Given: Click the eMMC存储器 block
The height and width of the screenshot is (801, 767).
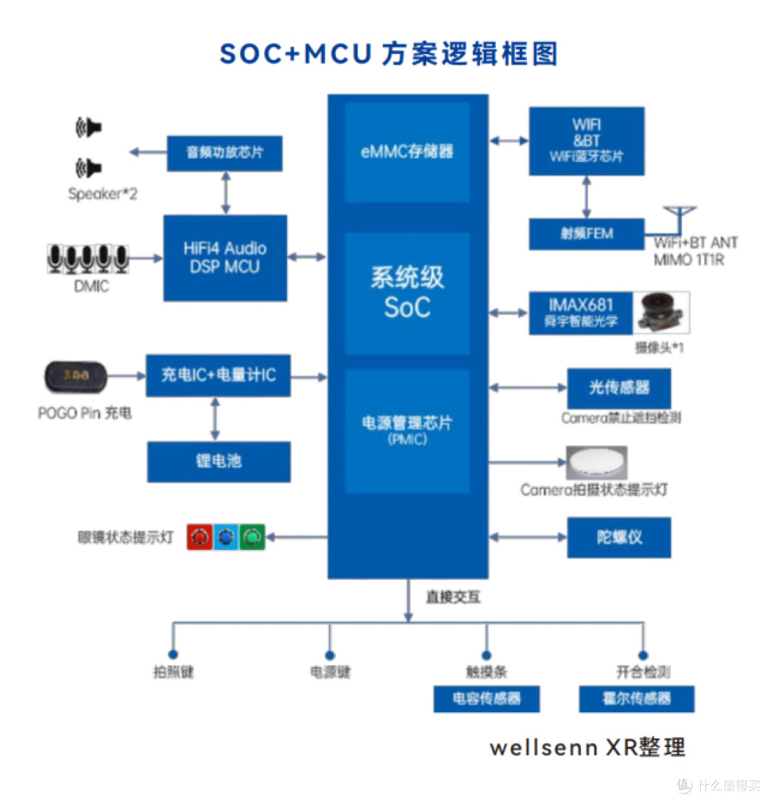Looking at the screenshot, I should pyautogui.click(x=407, y=152).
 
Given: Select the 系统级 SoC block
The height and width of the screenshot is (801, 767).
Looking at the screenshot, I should pyautogui.click(x=407, y=293).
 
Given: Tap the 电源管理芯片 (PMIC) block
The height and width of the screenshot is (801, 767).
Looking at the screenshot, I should pyautogui.click(x=407, y=430).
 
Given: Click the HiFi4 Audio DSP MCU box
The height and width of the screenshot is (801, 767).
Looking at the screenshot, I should pyautogui.click(x=225, y=257).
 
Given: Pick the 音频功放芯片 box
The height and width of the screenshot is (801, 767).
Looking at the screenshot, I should pyautogui.click(x=224, y=153).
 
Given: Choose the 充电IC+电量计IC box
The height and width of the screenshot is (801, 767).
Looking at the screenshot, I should pyautogui.click(x=218, y=375).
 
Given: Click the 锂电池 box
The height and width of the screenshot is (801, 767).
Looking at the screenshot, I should pyautogui.click(x=219, y=461).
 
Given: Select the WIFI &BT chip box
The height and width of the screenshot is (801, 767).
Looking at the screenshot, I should pyautogui.click(x=587, y=141).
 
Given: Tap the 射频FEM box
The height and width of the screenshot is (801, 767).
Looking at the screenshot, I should pyautogui.click(x=587, y=234).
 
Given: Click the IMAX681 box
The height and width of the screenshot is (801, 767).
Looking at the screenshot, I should pyautogui.click(x=580, y=313).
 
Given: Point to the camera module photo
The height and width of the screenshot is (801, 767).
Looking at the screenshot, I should pyautogui.click(x=662, y=313).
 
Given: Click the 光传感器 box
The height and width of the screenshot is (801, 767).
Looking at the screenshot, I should pyautogui.click(x=619, y=388).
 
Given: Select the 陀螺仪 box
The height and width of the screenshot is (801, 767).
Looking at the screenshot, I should pyautogui.click(x=619, y=537).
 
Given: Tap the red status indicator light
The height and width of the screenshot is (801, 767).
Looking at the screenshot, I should pyautogui.click(x=200, y=537).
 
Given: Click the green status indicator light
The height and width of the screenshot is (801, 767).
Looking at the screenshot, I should pyautogui.click(x=251, y=537).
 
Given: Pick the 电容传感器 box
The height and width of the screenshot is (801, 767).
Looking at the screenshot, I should pyautogui.click(x=486, y=699).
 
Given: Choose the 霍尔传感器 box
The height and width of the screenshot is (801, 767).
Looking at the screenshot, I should pyautogui.click(x=636, y=699).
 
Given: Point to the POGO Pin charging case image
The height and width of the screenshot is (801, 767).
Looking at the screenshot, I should pyautogui.click(x=75, y=377).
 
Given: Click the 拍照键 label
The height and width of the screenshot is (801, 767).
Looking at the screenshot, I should pyautogui.click(x=173, y=672).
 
